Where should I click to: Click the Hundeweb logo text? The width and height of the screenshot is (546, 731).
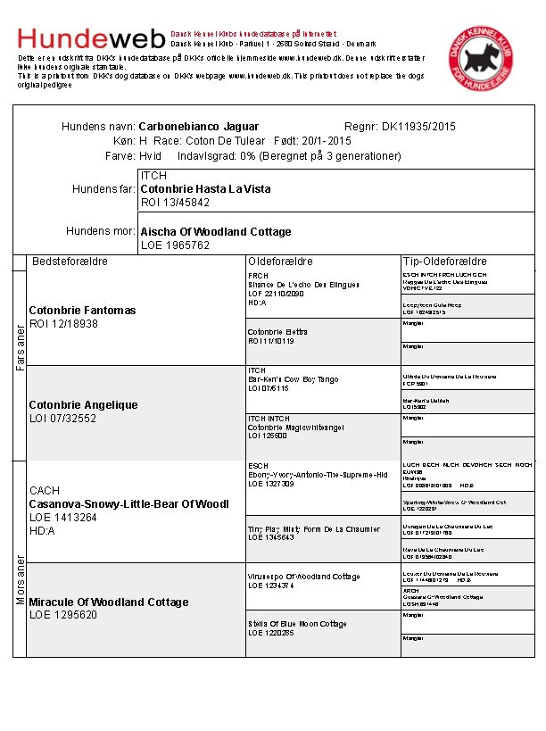91,38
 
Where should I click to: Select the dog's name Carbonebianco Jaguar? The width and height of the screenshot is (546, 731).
199,127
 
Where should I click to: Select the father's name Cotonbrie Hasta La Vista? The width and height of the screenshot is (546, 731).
205,189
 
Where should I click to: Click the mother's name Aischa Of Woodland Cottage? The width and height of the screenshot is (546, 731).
216,232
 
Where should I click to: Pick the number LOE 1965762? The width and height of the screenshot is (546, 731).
175,245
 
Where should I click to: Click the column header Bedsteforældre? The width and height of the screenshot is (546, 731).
70,262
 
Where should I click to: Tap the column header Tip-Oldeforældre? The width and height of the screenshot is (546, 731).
444,262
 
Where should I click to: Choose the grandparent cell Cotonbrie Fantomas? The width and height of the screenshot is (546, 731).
82,311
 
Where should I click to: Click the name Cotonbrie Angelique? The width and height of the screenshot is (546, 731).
84,405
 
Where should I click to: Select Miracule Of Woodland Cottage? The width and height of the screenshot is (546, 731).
109,602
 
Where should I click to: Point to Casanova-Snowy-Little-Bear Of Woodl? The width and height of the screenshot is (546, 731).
128,504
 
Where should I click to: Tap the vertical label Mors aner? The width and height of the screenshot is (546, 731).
20,580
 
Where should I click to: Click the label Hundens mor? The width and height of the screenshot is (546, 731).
101,232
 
